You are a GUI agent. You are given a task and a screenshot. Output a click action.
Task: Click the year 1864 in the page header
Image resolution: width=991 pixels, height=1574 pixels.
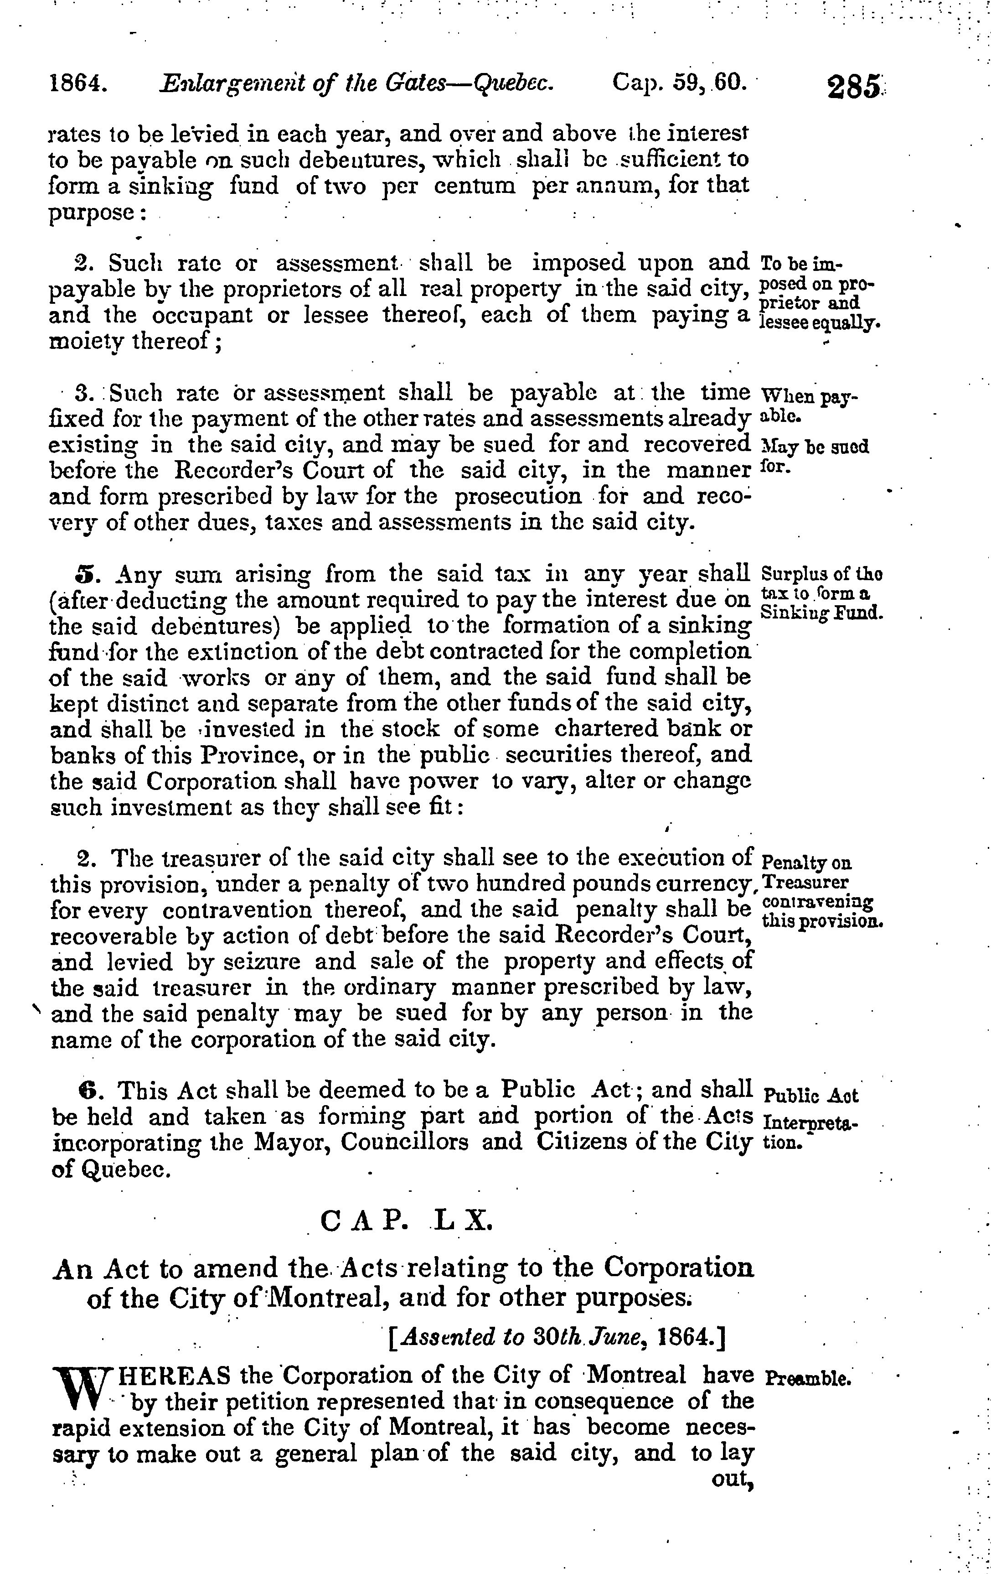click(79, 83)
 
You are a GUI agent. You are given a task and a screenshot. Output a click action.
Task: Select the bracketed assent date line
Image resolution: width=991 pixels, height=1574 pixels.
click(557, 1338)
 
